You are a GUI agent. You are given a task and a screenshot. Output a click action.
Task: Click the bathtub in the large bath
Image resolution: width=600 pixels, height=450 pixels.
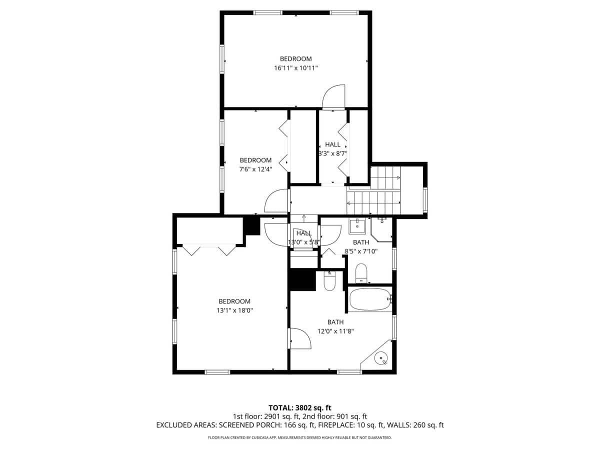click(x=369, y=299)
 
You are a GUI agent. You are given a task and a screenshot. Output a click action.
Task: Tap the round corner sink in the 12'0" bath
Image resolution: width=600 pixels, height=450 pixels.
click(x=381, y=358)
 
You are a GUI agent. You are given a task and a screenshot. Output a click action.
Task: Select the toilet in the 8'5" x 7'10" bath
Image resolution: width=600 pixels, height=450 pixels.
click(x=361, y=273)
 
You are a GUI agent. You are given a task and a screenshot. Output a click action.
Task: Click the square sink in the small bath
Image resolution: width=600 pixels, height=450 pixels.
click(x=357, y=226)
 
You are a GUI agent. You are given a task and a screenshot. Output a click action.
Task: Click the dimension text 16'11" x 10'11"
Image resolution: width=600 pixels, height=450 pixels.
click(x=295, y=68)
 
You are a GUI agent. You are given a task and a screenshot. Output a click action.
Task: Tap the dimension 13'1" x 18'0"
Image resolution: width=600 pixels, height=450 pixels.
click(x=234, y=310)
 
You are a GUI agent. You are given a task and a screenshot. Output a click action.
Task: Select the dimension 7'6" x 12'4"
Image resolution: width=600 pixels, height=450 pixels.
click(x=255, y=169)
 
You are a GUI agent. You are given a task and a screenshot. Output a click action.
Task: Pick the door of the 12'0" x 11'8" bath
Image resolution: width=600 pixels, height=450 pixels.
click(x=299, y=338)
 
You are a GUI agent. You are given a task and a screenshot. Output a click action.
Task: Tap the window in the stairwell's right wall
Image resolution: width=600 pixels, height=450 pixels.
click(x=425, y=198)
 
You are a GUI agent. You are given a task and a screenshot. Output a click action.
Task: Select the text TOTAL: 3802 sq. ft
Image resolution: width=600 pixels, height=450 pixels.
click(x=299, y=407)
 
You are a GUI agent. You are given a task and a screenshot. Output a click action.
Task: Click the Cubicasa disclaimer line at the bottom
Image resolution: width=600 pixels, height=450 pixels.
click(x=299, y=437)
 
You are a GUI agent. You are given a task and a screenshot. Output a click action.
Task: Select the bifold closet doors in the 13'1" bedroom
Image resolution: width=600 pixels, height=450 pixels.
click(x=209, y=249)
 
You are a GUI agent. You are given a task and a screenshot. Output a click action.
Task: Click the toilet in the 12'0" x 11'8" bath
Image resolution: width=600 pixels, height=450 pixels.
click(x=329, y=281)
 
